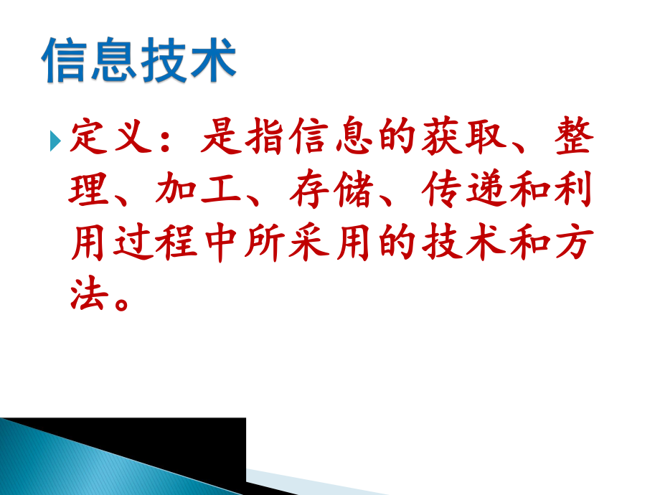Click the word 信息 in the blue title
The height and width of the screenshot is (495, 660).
[x=90, y=60]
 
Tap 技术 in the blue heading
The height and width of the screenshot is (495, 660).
[x=188, y=60]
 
